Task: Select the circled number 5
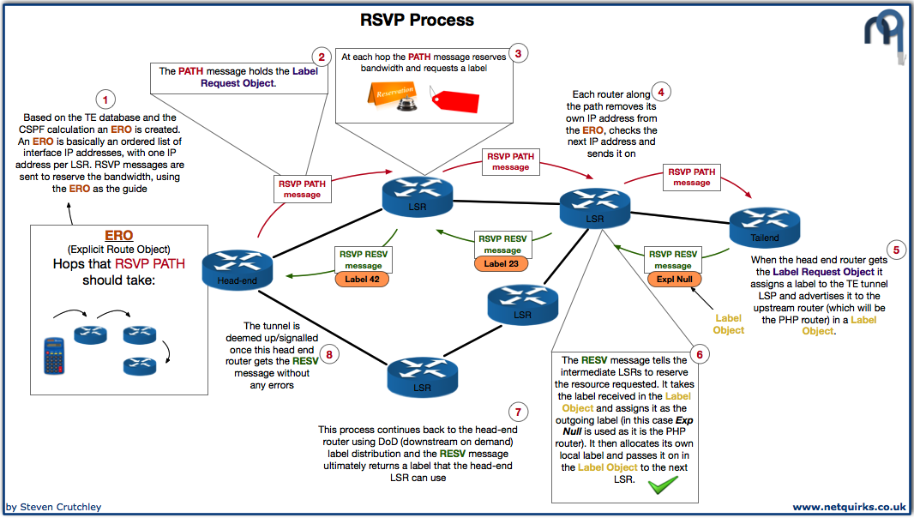(896, 250)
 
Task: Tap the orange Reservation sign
(394, 93)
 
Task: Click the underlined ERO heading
(118, 235)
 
